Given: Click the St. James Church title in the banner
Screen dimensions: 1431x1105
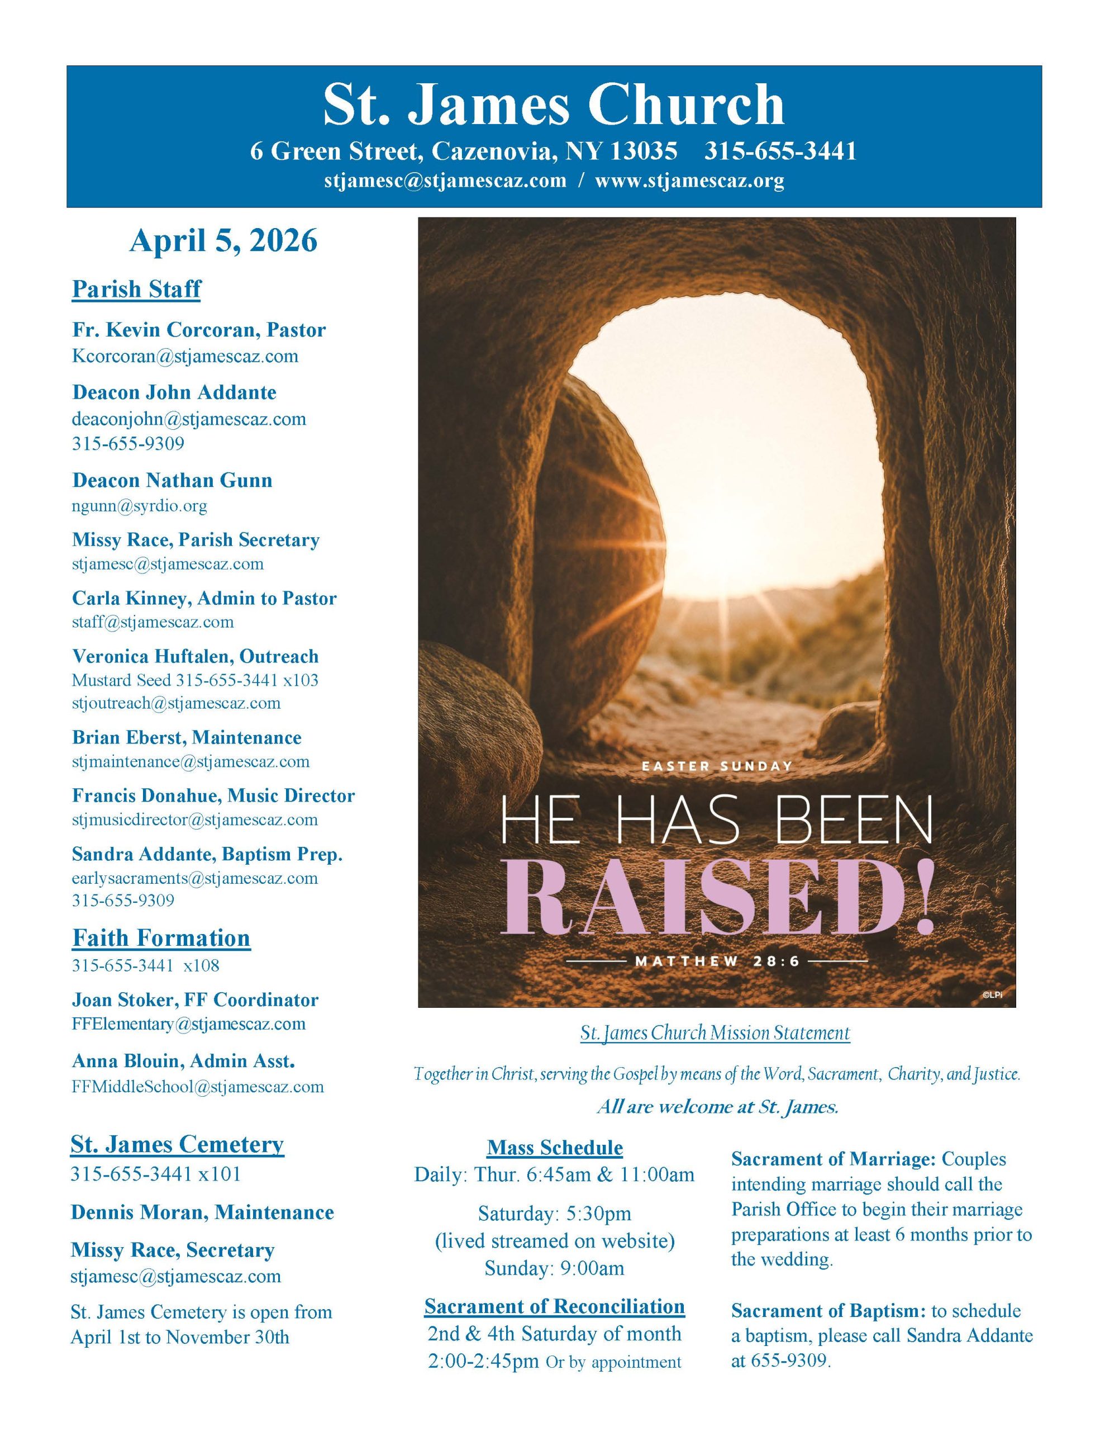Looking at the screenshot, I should (x=554, y=105).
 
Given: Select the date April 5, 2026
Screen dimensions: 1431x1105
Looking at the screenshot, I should (x=223, y=240).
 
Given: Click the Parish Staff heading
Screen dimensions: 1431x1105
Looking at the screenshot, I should (x=136, y=289).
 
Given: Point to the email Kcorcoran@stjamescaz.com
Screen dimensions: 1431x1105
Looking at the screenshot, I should (x=185, y=357).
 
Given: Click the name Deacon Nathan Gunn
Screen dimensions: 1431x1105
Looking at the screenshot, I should (x=172, y=480).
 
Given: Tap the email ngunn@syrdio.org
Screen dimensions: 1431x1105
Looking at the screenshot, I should (x=140, y=506).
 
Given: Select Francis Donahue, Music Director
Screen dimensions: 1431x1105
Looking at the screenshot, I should (x=213, y=795).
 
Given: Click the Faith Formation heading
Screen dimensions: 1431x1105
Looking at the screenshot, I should (x=161, y=937).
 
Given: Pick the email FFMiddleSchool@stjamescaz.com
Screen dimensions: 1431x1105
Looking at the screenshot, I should (x=198, y=1086).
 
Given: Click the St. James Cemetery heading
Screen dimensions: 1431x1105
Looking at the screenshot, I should (x=177, y=1144).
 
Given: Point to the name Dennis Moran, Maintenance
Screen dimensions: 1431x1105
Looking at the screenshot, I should (x=202, y=1212).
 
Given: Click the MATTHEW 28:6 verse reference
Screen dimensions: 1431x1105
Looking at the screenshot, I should (x=717, y=961).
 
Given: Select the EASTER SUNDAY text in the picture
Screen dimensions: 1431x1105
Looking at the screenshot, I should (x=717, y=766).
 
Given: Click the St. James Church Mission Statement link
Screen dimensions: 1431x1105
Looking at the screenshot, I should (x=715, y=1033).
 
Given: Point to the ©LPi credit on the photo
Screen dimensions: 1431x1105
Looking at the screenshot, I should (x=992, y=996).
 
